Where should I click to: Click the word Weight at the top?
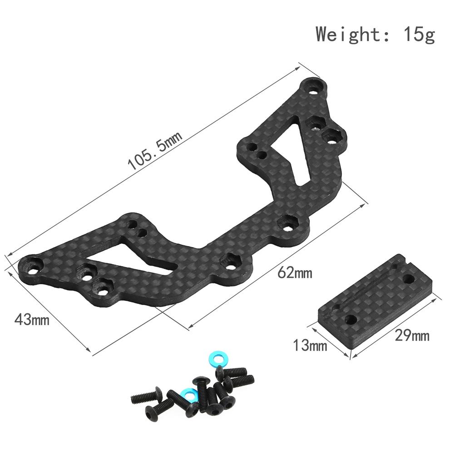[x=348, y=34]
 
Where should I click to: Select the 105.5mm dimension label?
[x=154, y=151]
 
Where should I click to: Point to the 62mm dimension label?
[x=295, y=273]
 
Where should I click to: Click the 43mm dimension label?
[x=32, y=320]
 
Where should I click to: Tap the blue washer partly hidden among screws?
[x=188, y=394]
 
